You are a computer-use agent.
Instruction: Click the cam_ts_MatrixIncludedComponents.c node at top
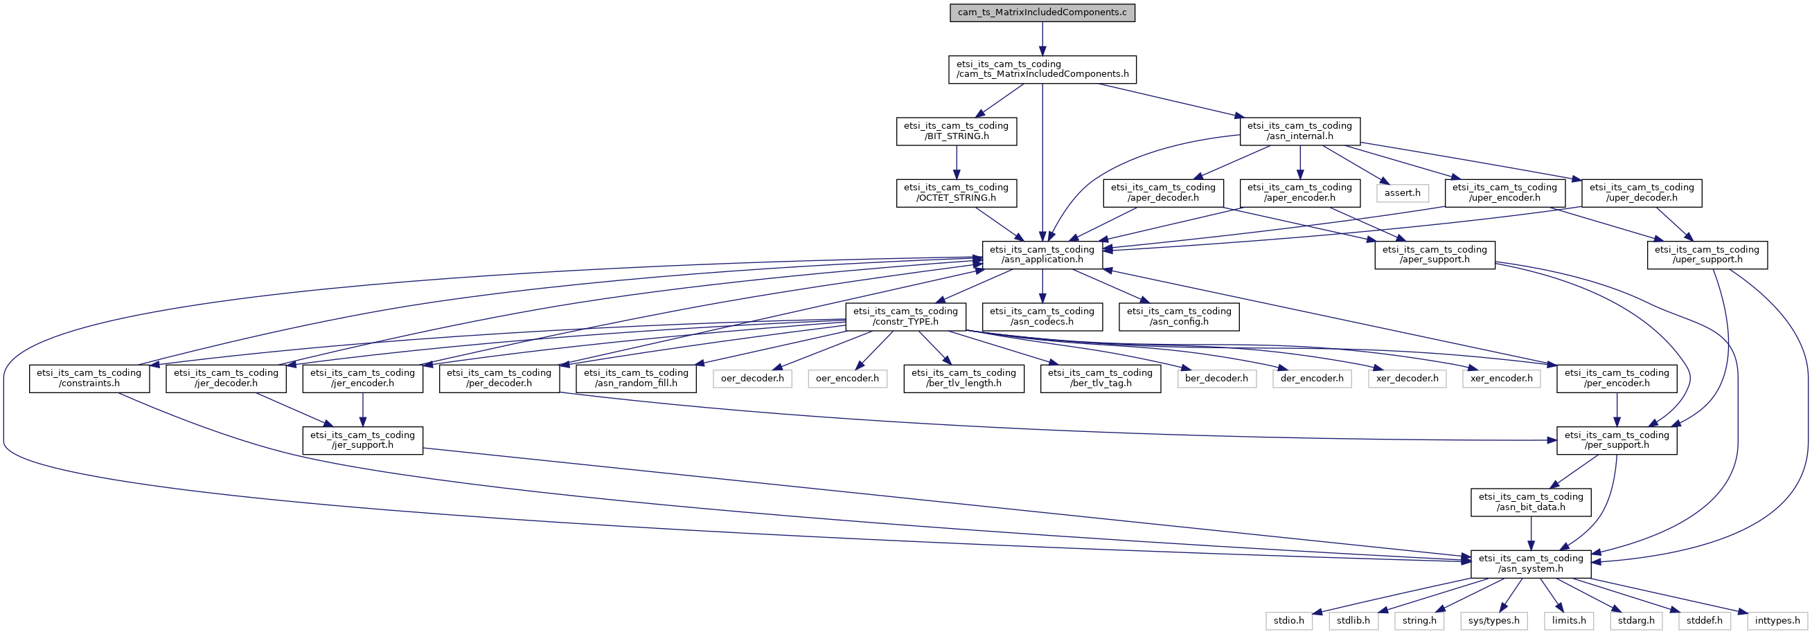[1042, 12]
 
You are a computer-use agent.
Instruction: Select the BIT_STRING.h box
[956, 132]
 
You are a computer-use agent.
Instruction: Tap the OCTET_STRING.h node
[956, 193]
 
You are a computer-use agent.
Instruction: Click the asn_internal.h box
[1299, 132]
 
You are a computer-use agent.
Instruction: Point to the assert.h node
[1402, 193]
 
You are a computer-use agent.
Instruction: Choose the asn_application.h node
[1042, 255]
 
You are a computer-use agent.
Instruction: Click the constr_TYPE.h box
[905, 316]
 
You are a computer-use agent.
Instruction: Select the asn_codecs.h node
[1042, 316]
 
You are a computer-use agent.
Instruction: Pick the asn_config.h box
[1179, 316]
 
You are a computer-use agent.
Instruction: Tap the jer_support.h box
[362, 440]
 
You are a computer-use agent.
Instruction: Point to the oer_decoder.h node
[752, 378]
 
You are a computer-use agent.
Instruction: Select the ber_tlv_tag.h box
[1100, 378]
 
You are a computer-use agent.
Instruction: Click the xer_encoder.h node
[1501, 378]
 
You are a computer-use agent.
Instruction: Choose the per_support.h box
[1617, 440]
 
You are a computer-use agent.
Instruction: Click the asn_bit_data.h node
[1531, 502]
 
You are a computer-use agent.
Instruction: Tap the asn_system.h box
[1531, 563]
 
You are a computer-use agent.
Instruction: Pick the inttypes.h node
[1777, 621]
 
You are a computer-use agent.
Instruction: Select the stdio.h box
[1288, 621]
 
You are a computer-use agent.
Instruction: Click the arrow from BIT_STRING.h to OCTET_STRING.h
[956, 163]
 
